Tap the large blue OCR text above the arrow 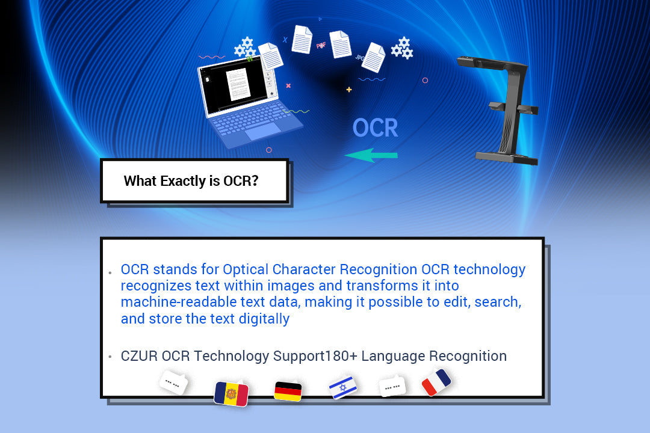coord(375,128)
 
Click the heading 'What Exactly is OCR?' coord(191,181)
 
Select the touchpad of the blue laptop coord(263,131)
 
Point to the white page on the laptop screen coord(237,83)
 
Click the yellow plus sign coord(348,90)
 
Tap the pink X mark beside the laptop coord(288,85)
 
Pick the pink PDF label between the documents coord(321,45)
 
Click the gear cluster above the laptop coord(244,47)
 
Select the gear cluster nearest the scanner coord(402,48)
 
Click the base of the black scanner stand coord(506,158)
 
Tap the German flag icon coord(288,391)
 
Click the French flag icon coord(436,382)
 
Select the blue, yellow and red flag coord(231,393)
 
